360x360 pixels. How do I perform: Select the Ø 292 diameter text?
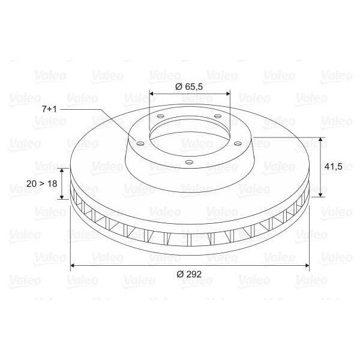(189, 274)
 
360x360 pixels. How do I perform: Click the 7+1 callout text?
(50, 109)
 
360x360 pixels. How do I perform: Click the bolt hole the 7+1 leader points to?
(140, 143)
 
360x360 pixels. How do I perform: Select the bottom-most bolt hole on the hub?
(188, 162)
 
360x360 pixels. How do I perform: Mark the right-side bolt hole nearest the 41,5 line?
(238, 143)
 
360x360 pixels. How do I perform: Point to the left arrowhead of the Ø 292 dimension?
(73, 264)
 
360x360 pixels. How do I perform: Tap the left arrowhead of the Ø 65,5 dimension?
(151, 94)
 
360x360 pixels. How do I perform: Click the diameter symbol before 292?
(180, 274)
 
